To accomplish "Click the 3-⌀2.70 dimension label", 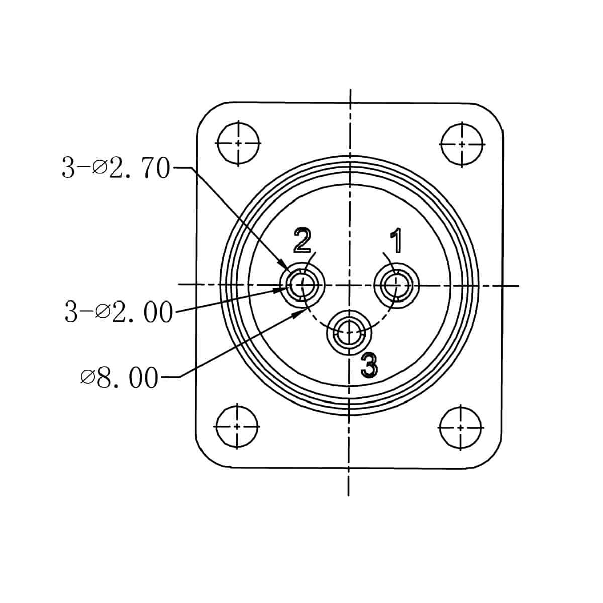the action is [x=116, y=168].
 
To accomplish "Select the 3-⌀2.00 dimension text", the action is [x=119, y=312].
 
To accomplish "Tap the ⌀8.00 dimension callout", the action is [x=119, y=378].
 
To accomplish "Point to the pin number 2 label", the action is [x=303, y=240].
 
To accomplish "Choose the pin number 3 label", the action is [x=369, y=364].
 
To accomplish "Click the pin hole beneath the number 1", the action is [x=396, y=285].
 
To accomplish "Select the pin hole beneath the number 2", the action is [x=303, y=285].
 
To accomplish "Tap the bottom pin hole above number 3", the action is [x=349, y=332].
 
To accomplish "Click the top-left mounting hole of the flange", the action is [x=239, y=143].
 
